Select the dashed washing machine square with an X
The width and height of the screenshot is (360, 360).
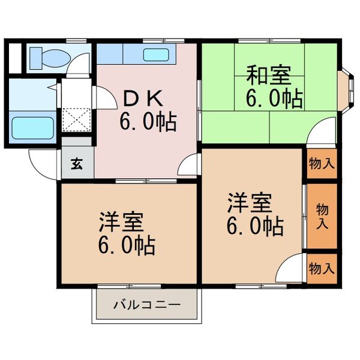[x=76, y=117]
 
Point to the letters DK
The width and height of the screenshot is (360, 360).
[x=140, y=98]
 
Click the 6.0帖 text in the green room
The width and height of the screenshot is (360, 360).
[x=274, y=97]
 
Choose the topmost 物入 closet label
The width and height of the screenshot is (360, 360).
[x=322, y=163]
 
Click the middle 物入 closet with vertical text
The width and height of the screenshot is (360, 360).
[x=322, y=216]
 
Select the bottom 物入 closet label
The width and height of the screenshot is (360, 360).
[x=322, y=268]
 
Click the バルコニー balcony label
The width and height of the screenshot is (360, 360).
[x=146, y=305]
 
